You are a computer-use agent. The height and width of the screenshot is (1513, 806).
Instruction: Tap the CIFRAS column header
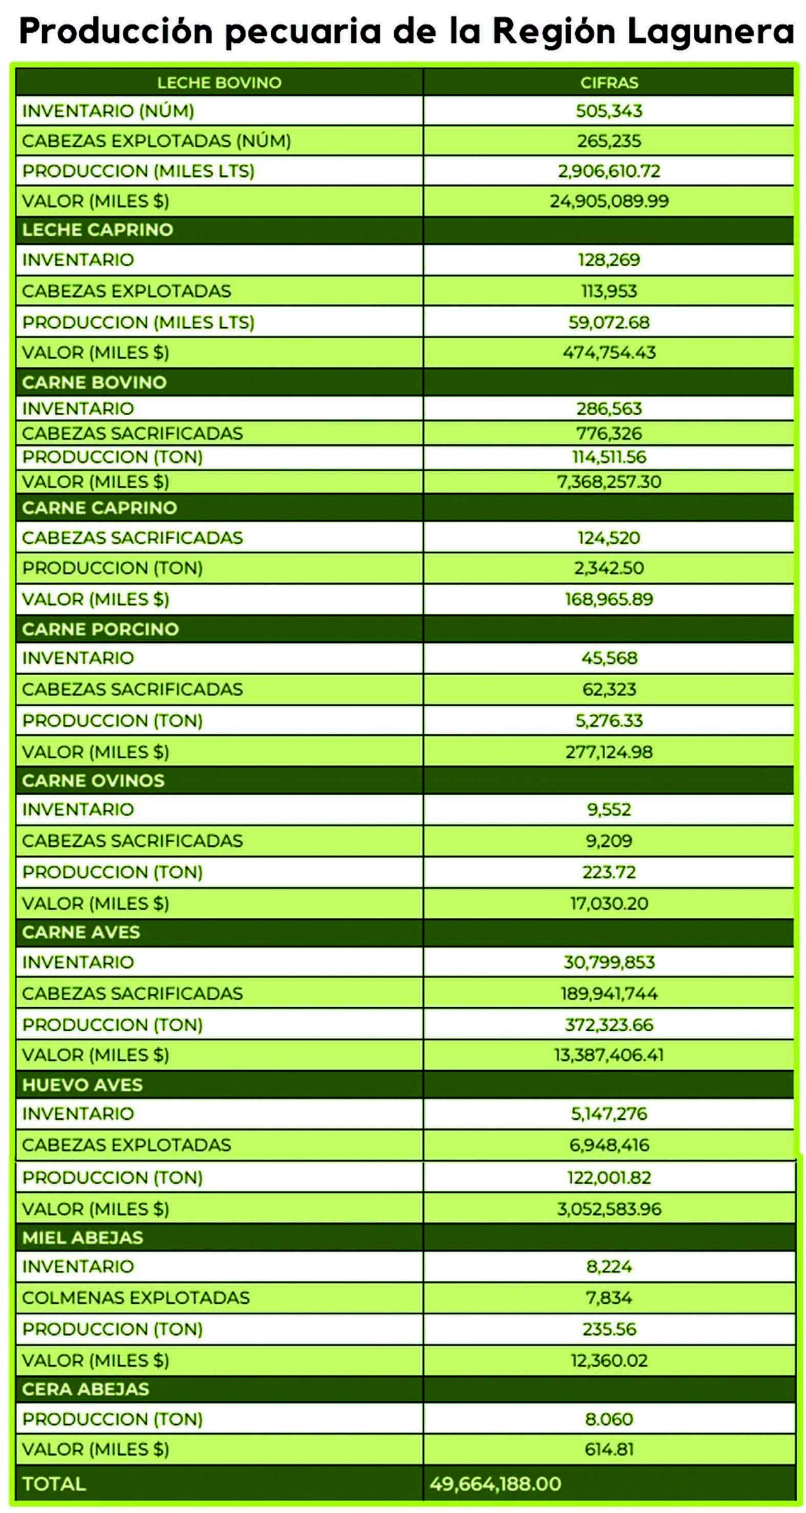(x=609, y=82)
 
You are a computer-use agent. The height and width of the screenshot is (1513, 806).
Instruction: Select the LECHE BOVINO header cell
(x=219, y=82)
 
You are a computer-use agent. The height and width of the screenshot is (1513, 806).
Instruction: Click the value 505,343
(x=609, y=111)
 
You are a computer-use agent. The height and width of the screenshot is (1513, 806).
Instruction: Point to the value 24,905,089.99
(x=609, y=201)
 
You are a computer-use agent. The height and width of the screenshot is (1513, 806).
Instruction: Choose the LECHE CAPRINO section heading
(x=98, y=230)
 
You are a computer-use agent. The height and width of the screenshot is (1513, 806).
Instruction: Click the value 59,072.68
(x=609, y=322)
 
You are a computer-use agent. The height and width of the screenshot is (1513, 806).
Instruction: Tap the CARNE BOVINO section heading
(x=94, y=382)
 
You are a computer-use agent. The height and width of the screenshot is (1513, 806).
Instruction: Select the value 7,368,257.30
(x=609, y=482)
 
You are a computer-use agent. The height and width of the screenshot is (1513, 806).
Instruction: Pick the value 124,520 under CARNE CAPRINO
(x=609, y=538)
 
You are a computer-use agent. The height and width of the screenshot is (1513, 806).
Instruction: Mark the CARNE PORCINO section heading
(x=101, y=629)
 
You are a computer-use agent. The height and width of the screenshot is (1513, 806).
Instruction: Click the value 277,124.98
(x=609, y=752)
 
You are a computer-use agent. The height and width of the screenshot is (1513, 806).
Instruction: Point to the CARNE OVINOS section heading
(x=93, y=781)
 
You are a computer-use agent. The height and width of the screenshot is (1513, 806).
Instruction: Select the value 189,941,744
(x=609, y=993)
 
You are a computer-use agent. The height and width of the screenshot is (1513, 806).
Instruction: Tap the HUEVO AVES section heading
(x=82, y=1085)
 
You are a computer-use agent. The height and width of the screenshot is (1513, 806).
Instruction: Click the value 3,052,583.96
(x=609, y=1209)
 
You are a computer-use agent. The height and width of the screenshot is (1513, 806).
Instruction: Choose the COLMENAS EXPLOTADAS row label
(x=136, y=1298)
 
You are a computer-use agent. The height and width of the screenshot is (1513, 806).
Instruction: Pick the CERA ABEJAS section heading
(x=86, y=1389)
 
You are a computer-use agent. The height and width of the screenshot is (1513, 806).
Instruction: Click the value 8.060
(x=609, y=1419)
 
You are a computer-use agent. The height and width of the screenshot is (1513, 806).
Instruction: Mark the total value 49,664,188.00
(x=496, y=1484)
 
